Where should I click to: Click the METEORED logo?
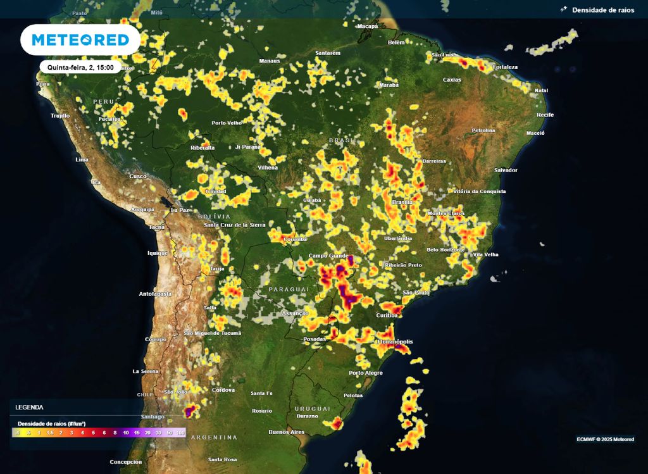[80, 40]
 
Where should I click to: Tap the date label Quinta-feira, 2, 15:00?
[80, 66]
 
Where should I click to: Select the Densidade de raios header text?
[603, 10]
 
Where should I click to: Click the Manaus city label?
[270, 61]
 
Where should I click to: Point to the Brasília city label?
[402, 202]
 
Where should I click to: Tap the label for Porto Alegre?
[366, 373]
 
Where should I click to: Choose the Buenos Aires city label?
[287, 432]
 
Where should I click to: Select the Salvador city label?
[506, 170]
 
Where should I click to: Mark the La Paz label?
[180, 209]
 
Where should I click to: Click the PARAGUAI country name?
[289, 289]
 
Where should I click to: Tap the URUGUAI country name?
[311, 408]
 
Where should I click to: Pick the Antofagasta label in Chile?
[156, 294]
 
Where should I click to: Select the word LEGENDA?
[30, 408]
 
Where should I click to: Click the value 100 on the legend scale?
[180, 433]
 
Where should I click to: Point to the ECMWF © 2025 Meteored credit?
[605, 439]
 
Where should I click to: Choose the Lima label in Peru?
[82, 159]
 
